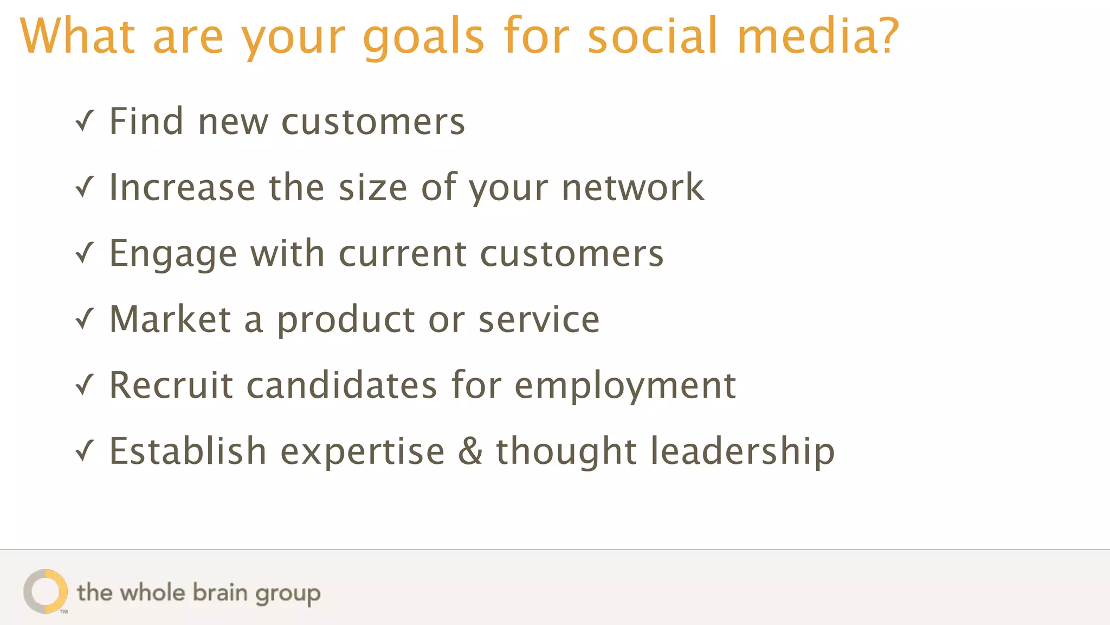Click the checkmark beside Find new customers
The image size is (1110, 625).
click(85, 121)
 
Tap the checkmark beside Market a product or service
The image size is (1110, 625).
click(85, 319)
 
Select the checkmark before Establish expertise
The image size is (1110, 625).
click(85, 451)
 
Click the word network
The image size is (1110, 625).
click(633, 187)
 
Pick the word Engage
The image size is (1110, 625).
click(173, 254)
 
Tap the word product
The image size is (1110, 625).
click(346, 320)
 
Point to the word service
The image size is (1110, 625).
click(539, 319)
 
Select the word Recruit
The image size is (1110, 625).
click(171, 385)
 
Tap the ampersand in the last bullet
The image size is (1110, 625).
click(470, 451)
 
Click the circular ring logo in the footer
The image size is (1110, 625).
click(46, 591)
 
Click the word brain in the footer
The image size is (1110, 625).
click(220, 592)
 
